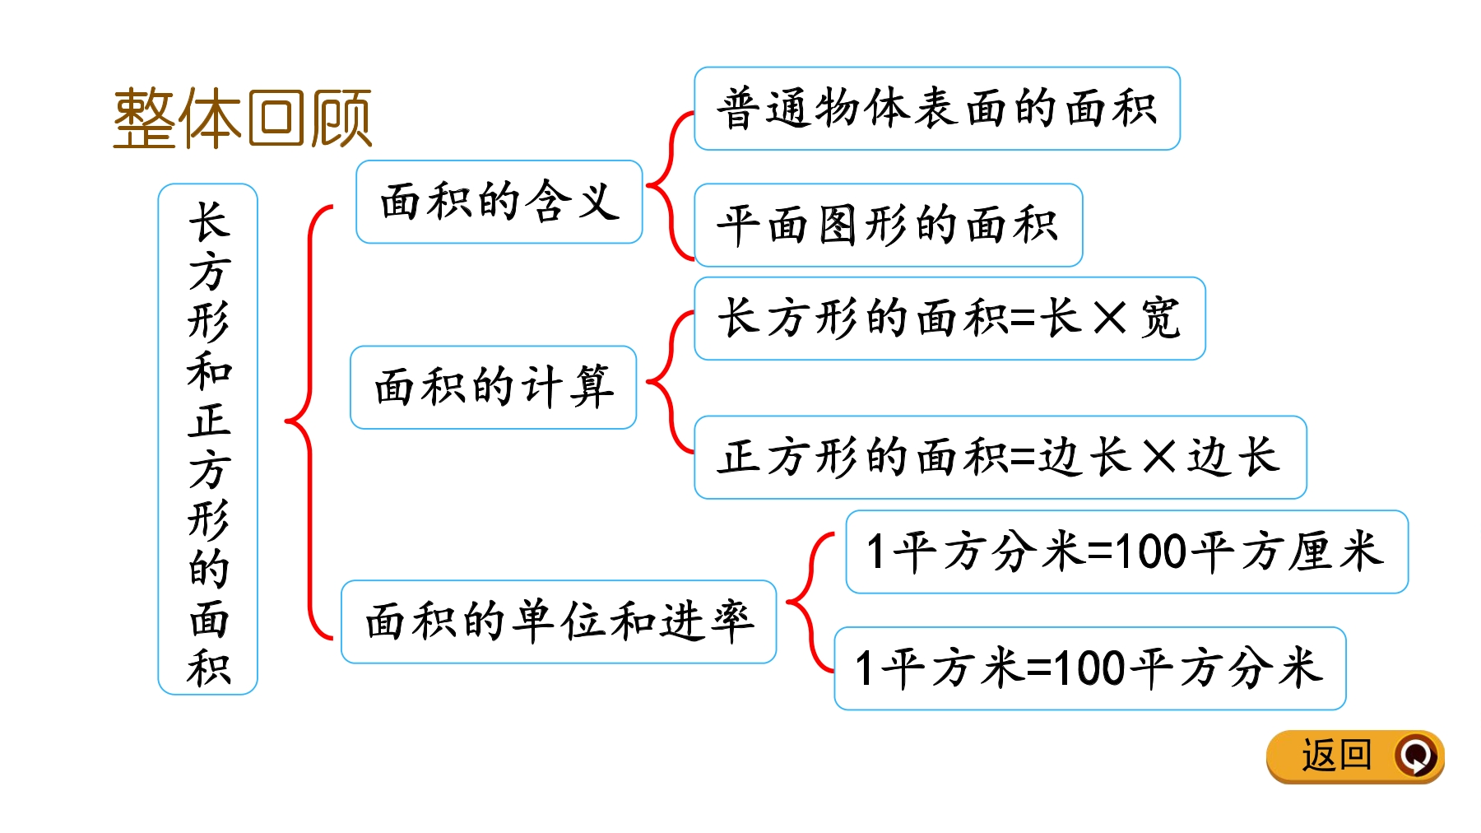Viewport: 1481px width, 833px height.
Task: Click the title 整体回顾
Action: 242,119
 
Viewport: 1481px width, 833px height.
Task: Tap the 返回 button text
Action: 1337,755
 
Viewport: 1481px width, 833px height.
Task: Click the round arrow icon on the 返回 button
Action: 1415,755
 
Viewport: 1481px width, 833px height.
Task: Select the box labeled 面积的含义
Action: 499,202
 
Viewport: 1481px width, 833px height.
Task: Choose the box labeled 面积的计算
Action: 494,388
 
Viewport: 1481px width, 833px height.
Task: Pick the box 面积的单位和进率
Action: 559,621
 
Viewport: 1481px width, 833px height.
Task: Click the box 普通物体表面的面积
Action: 937,109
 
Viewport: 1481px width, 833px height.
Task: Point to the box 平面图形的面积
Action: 889,225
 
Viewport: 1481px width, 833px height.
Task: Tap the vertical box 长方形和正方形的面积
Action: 208,439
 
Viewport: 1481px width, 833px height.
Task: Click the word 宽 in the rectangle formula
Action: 1161,318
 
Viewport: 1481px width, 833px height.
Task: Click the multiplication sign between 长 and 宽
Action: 1109,319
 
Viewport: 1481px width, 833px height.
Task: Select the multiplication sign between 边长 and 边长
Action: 1159,457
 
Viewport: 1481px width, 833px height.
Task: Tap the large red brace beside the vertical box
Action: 309,422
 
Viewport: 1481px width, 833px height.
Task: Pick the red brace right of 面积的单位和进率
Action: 810,603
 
